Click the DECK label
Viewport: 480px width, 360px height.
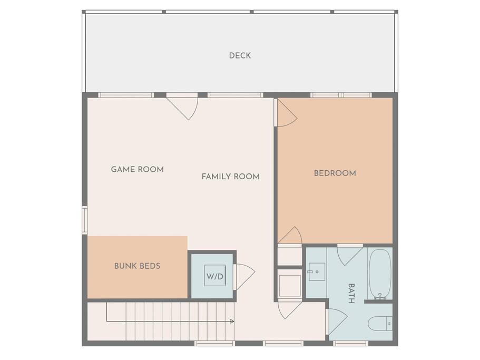[240, 56]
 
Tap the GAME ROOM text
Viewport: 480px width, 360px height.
[137, 169]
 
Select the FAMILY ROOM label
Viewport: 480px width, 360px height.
[230, 177]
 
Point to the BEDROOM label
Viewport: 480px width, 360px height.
[335, 173]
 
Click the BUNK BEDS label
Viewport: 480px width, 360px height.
[137, 266]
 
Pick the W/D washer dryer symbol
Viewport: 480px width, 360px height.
[215, 276]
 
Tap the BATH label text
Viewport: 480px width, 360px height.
[351, 293]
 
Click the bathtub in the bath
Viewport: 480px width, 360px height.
[380, 274]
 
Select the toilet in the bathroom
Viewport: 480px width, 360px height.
[380, 324]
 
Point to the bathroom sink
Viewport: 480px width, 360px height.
[317, 271]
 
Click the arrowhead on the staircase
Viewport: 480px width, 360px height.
[232, 322]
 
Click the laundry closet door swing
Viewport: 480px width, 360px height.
[244, 277]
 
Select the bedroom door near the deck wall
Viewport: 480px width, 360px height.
[287, 113]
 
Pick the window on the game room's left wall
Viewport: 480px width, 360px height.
[84, 220]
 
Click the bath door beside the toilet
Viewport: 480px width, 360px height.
[337, 322]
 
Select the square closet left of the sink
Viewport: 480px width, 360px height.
[290, 286]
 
